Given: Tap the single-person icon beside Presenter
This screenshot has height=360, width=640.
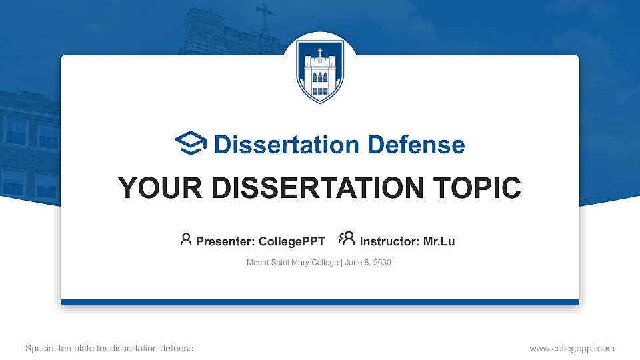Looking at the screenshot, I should (x=186, y=239).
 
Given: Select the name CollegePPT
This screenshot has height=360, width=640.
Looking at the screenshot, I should (x=292, y=241).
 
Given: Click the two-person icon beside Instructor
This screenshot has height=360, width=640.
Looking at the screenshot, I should (x=347, y=239).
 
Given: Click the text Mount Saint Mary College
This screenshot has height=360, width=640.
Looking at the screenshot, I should (x=293, y=263).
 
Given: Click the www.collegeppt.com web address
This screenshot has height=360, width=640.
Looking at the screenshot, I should (x=571, y=348).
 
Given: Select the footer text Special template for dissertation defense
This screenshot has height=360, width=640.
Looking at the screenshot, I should (x=109, y=348).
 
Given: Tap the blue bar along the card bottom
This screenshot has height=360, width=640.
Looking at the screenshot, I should (x=320, y=302).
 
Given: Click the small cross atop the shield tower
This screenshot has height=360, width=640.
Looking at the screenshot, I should (x=320, y=52).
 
